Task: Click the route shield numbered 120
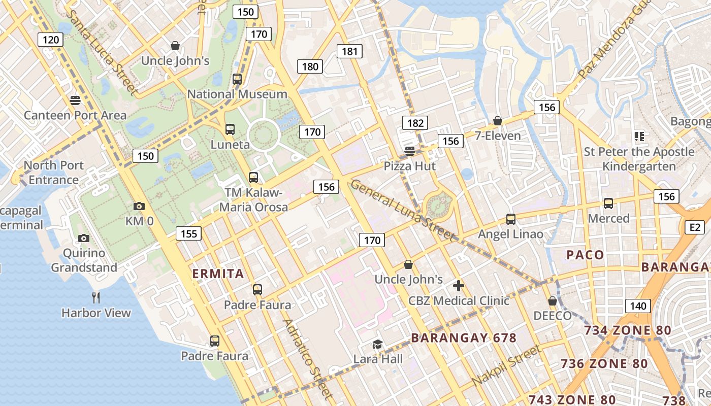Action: (51, 40)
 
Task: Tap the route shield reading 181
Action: (350, 51)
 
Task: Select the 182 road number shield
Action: (415, 123)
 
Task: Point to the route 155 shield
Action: (188, 233)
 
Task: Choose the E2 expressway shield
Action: (695, 227)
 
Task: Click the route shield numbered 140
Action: (638, 306)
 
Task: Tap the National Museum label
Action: (237, 94)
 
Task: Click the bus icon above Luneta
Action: (230, 129)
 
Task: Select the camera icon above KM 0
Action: (139, 206)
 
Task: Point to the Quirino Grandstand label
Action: (84, 260)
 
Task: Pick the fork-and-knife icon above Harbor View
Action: (96, 297)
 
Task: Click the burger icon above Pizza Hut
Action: (410, 151)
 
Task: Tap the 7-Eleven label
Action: (498, 136)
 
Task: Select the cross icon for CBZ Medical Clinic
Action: (459, 286)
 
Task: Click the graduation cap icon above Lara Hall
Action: (377, 345)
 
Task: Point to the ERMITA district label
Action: (218, 274)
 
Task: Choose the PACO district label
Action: (585, 255)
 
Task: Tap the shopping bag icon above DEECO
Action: (553, 301)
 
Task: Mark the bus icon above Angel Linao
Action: (511, 219)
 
